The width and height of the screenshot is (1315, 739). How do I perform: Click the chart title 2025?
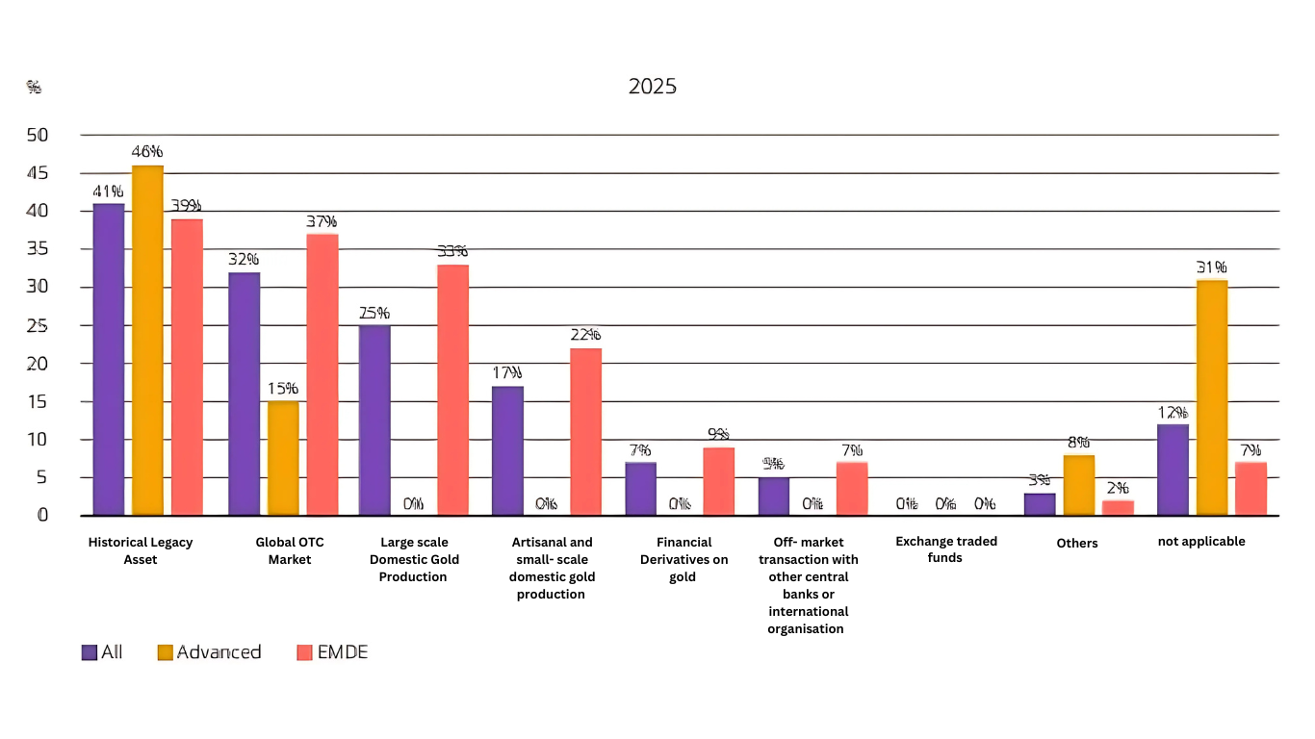point(652,87)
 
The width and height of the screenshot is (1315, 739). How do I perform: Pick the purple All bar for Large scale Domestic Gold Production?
point(374,420)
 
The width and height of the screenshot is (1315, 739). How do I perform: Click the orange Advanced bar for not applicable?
point(1211,396)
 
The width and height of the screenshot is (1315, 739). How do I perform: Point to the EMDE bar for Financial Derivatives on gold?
point(718,480)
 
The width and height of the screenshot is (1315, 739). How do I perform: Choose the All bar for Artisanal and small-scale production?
point(507,449)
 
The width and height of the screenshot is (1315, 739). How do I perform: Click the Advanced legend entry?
point(209,652)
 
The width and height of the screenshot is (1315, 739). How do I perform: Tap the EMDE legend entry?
point(331,652)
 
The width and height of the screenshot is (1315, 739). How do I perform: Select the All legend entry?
point(102,652)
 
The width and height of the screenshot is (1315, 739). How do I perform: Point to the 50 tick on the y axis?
point(38,135)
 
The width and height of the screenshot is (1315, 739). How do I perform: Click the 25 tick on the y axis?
point(38,325)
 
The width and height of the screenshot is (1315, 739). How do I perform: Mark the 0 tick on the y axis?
point(41,515)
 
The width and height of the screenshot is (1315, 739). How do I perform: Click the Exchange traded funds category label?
point(945,549)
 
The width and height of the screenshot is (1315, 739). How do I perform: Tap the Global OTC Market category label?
point(290,550)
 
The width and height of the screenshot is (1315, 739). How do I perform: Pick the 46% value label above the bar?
point(147,152)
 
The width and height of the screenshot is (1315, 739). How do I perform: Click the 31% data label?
point(1211,268)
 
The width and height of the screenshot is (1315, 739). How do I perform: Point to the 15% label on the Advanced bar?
point(283,389)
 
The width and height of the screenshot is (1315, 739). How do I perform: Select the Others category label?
point(1077,543)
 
